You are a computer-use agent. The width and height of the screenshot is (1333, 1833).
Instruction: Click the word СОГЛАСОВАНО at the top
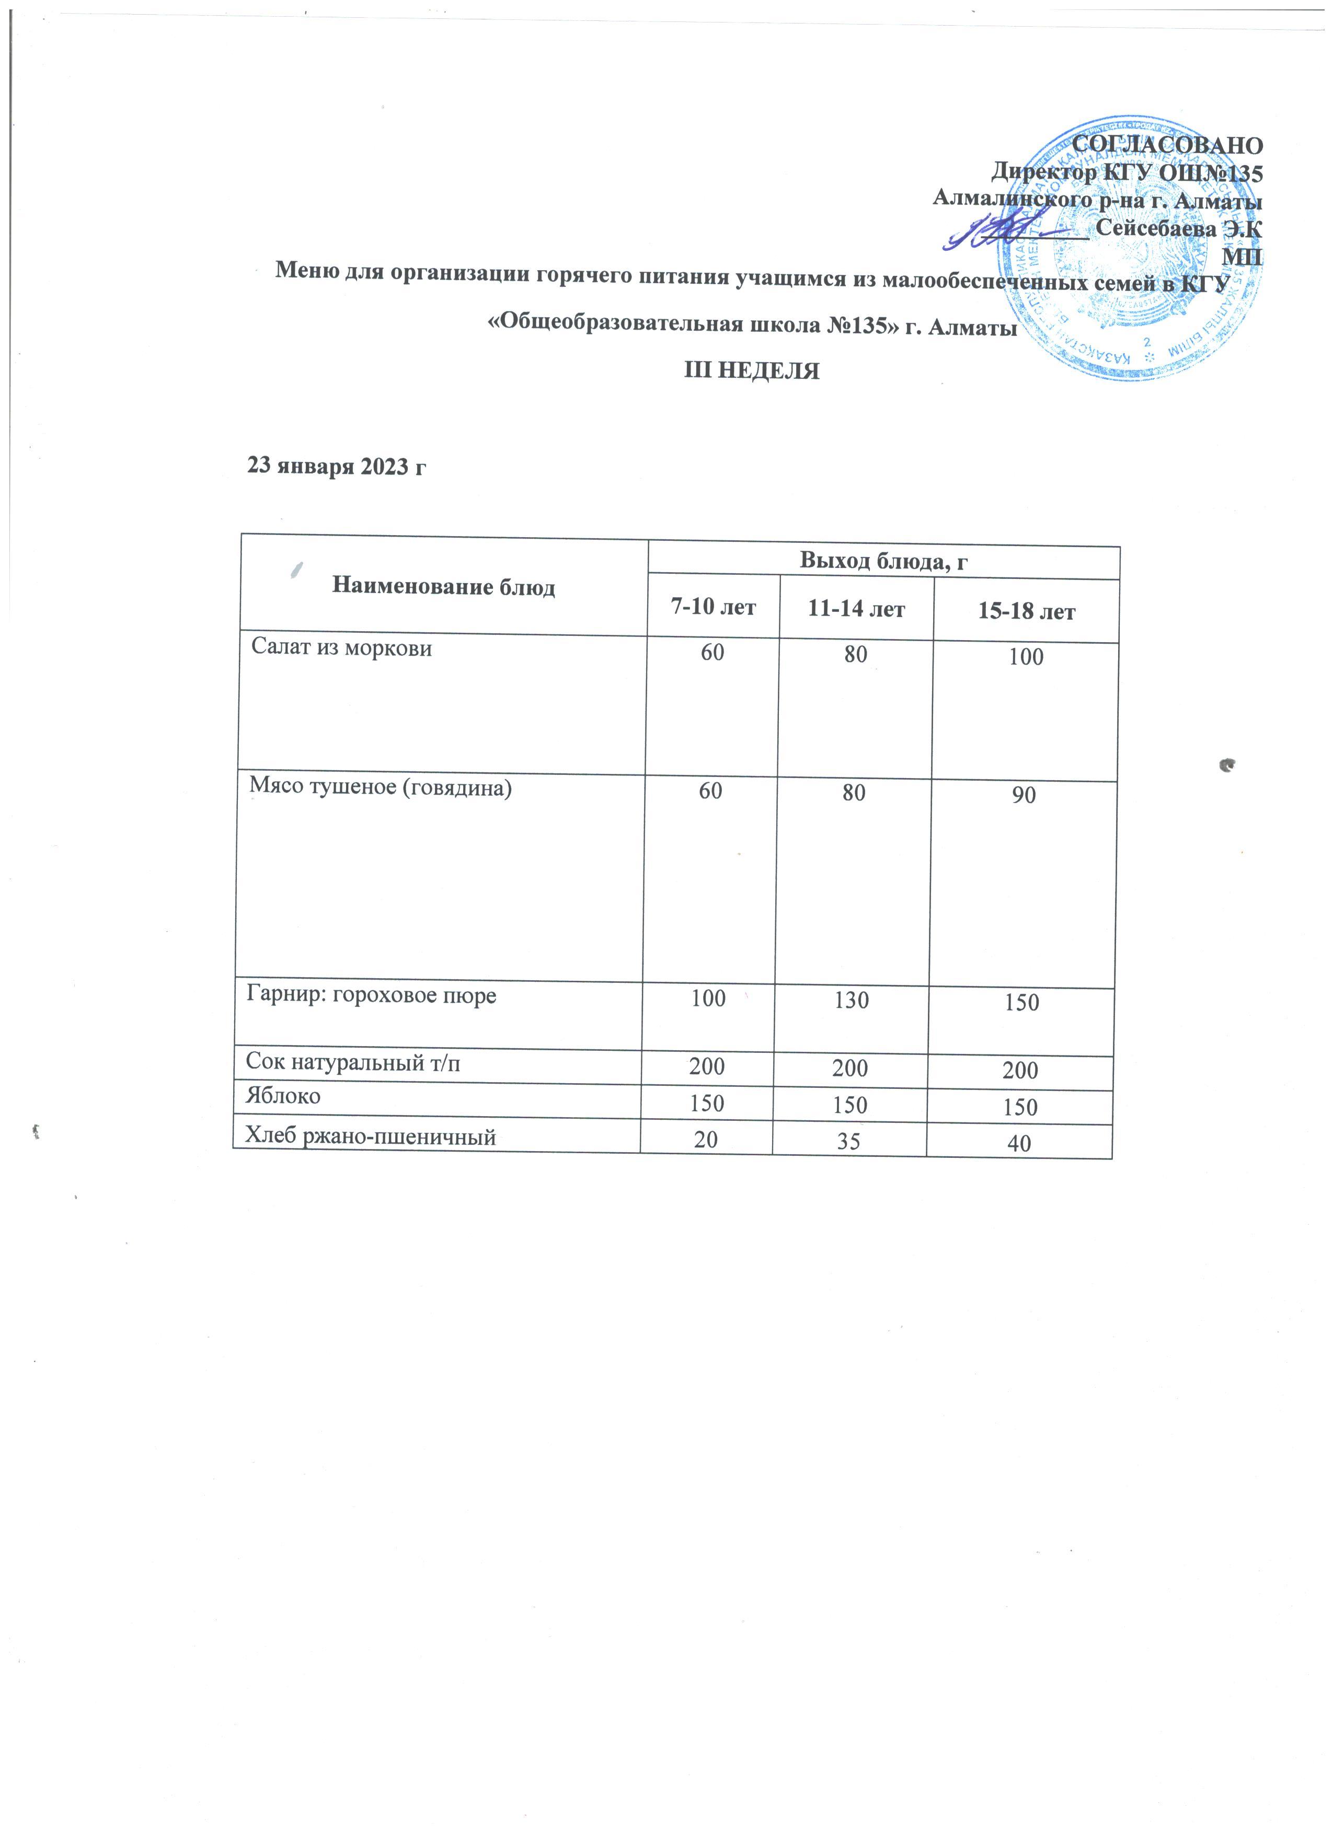pos(1166,145)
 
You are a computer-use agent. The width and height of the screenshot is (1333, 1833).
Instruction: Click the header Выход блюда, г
pos(883,561)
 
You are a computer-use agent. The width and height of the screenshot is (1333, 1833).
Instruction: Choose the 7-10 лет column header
pos(713,607)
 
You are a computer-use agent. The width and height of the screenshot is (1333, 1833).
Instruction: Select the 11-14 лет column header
pos(856,609)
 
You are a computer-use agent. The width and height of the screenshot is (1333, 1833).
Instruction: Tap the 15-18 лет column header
pos(1027,612)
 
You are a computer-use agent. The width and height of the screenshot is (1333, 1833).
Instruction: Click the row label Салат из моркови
pos(342,648)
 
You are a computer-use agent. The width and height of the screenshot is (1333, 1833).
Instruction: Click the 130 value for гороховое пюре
pos(853,1001)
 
